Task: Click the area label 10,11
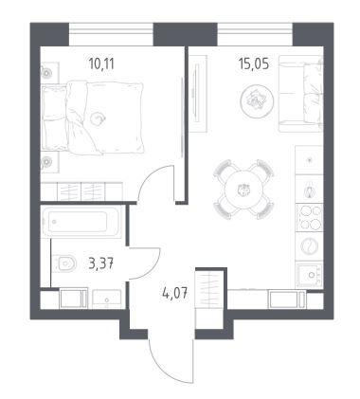click(x=101, y=64)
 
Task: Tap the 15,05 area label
click(x=254, y=64)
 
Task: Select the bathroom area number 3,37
click(x=101, y=263)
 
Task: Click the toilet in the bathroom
click(x=64, y=263)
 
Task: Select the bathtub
click(x=81, y=222)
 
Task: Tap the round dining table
click(x=243, y=190)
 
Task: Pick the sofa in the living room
click(x=300, y=94)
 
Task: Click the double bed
click(x=93, y=118)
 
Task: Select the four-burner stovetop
click(x=309, y=218)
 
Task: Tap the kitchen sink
click(x=310, y=275)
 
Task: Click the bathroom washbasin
click(x=107, y=299)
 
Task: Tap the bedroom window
click(x=111, y=34)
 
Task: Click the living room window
click(x=255, y=34)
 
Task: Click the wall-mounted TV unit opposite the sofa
click(x=198, y=94)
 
